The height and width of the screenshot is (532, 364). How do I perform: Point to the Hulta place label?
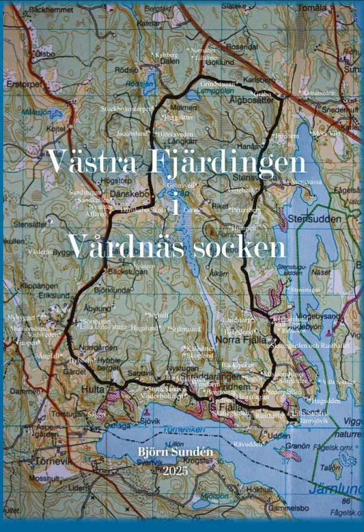94,386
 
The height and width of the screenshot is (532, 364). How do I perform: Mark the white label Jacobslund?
132,134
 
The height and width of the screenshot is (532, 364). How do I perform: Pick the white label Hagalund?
144,328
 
